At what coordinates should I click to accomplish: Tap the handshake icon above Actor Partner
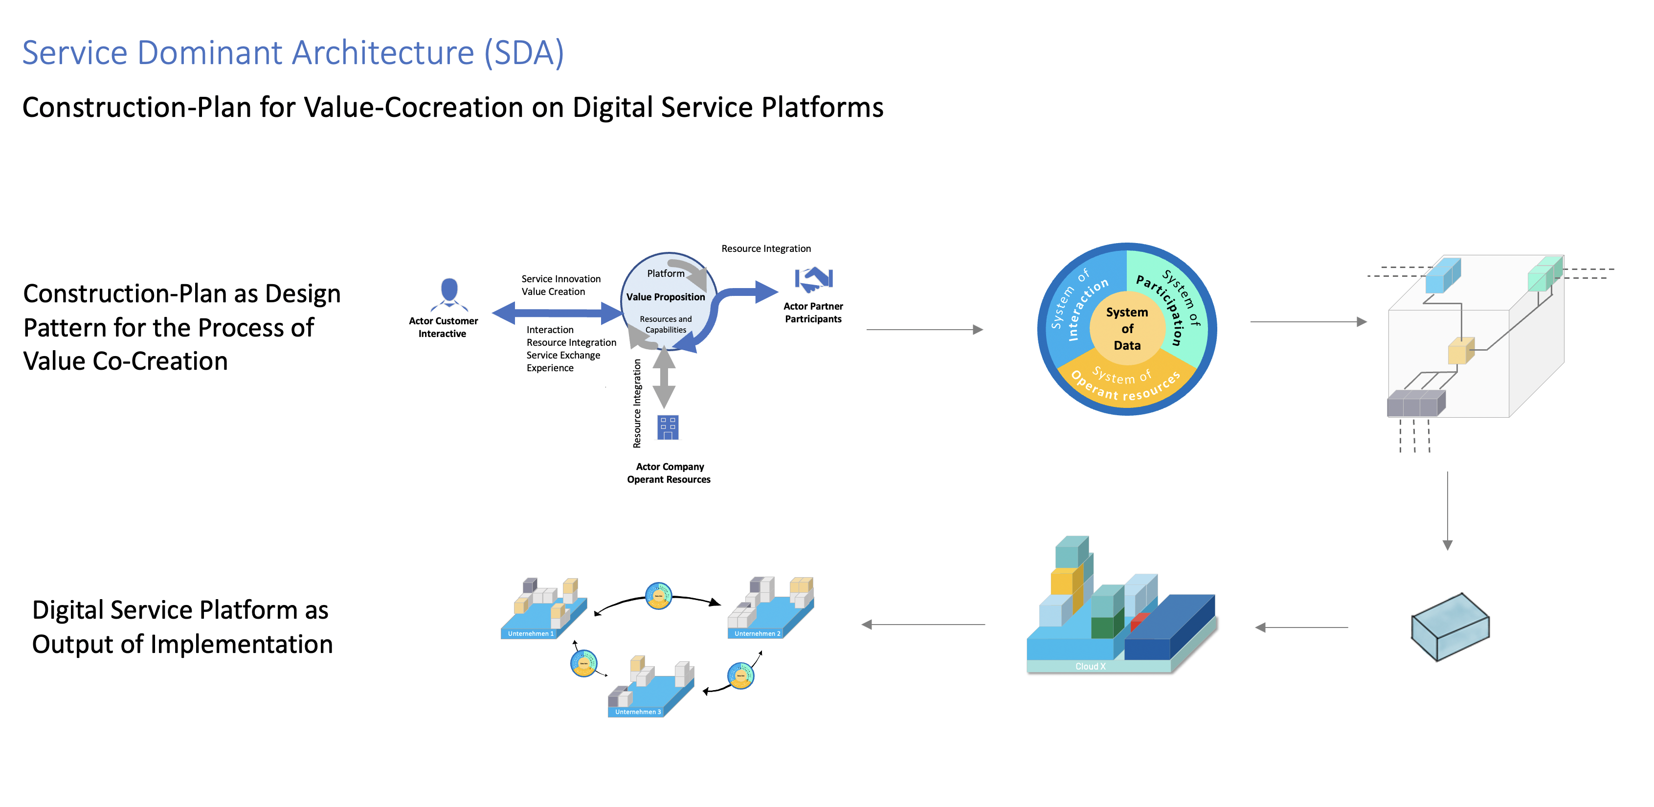click(x=813, y=279)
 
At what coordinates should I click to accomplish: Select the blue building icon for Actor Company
click(x=668, y=427)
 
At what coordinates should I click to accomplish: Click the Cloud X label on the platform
click(x=1090, y=667)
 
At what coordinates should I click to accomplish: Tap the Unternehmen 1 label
click(x=530, y=634)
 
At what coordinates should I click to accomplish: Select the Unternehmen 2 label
click(x=757, y=634)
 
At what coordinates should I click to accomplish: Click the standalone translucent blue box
click(x=1450, y=627)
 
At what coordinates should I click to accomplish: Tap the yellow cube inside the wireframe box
click(x=1459, y=351)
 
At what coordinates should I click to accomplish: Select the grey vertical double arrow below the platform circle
click(x=664, y=379)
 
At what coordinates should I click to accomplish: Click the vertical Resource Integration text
click(x=637, y=403)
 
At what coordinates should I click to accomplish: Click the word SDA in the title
click(x=523, y=53)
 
